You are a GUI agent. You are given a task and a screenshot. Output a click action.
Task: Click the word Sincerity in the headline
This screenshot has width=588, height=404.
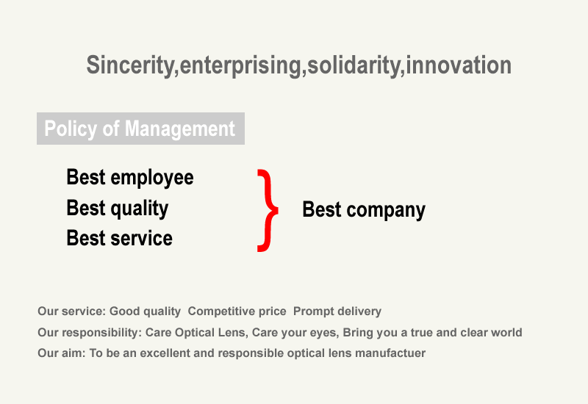click(130, 65)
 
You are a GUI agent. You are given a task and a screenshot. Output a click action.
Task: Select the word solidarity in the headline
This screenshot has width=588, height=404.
click(354, 65)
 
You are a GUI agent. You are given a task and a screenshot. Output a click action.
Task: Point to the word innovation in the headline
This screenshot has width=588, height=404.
click(459, 65)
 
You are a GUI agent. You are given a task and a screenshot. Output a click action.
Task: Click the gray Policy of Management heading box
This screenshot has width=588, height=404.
click(140, 129)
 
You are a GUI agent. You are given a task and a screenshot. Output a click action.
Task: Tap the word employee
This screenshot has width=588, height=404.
click(152, 178)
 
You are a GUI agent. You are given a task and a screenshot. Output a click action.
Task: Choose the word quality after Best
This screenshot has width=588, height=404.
click(139, 209)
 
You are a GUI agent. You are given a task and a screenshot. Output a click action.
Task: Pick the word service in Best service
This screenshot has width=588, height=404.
click(141, 238)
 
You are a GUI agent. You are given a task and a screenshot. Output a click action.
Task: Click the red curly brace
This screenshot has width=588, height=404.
click(268, 210)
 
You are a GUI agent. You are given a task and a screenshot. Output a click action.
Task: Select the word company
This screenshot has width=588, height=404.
click(386, 210)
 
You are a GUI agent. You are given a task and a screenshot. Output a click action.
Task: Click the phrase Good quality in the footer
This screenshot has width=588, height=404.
click(145, 311)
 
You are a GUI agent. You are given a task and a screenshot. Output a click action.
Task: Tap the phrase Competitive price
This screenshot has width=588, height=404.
click(237, 311)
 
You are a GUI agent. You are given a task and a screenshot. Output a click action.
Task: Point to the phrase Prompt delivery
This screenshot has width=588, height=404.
click(337, 311)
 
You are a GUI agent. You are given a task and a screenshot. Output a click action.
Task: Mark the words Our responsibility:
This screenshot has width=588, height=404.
click(90, 333)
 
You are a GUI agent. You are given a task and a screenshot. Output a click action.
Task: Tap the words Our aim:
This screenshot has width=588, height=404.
click(62, 353)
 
